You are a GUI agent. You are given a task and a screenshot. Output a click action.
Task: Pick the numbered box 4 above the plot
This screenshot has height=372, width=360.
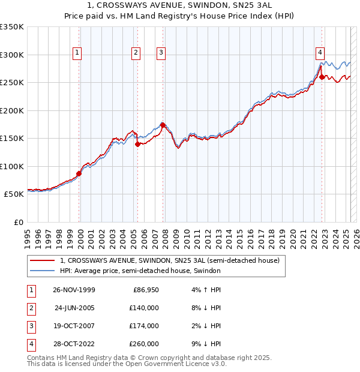321,53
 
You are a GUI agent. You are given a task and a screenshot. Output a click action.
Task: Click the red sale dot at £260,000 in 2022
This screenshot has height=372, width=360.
322,77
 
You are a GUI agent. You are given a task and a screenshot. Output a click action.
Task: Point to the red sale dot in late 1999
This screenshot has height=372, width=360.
79,173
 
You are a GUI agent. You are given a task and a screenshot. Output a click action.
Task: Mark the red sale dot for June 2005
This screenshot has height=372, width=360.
137,144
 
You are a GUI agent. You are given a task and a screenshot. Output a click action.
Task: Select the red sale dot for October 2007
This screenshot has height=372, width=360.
163,125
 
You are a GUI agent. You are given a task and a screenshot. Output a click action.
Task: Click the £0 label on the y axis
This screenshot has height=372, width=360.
18,222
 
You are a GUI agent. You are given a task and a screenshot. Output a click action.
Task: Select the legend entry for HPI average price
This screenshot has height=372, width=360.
140,271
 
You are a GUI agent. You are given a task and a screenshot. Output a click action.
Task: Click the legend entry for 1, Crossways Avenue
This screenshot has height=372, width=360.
170,261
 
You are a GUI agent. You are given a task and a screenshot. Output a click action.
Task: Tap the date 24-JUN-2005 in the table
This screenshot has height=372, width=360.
74,308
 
